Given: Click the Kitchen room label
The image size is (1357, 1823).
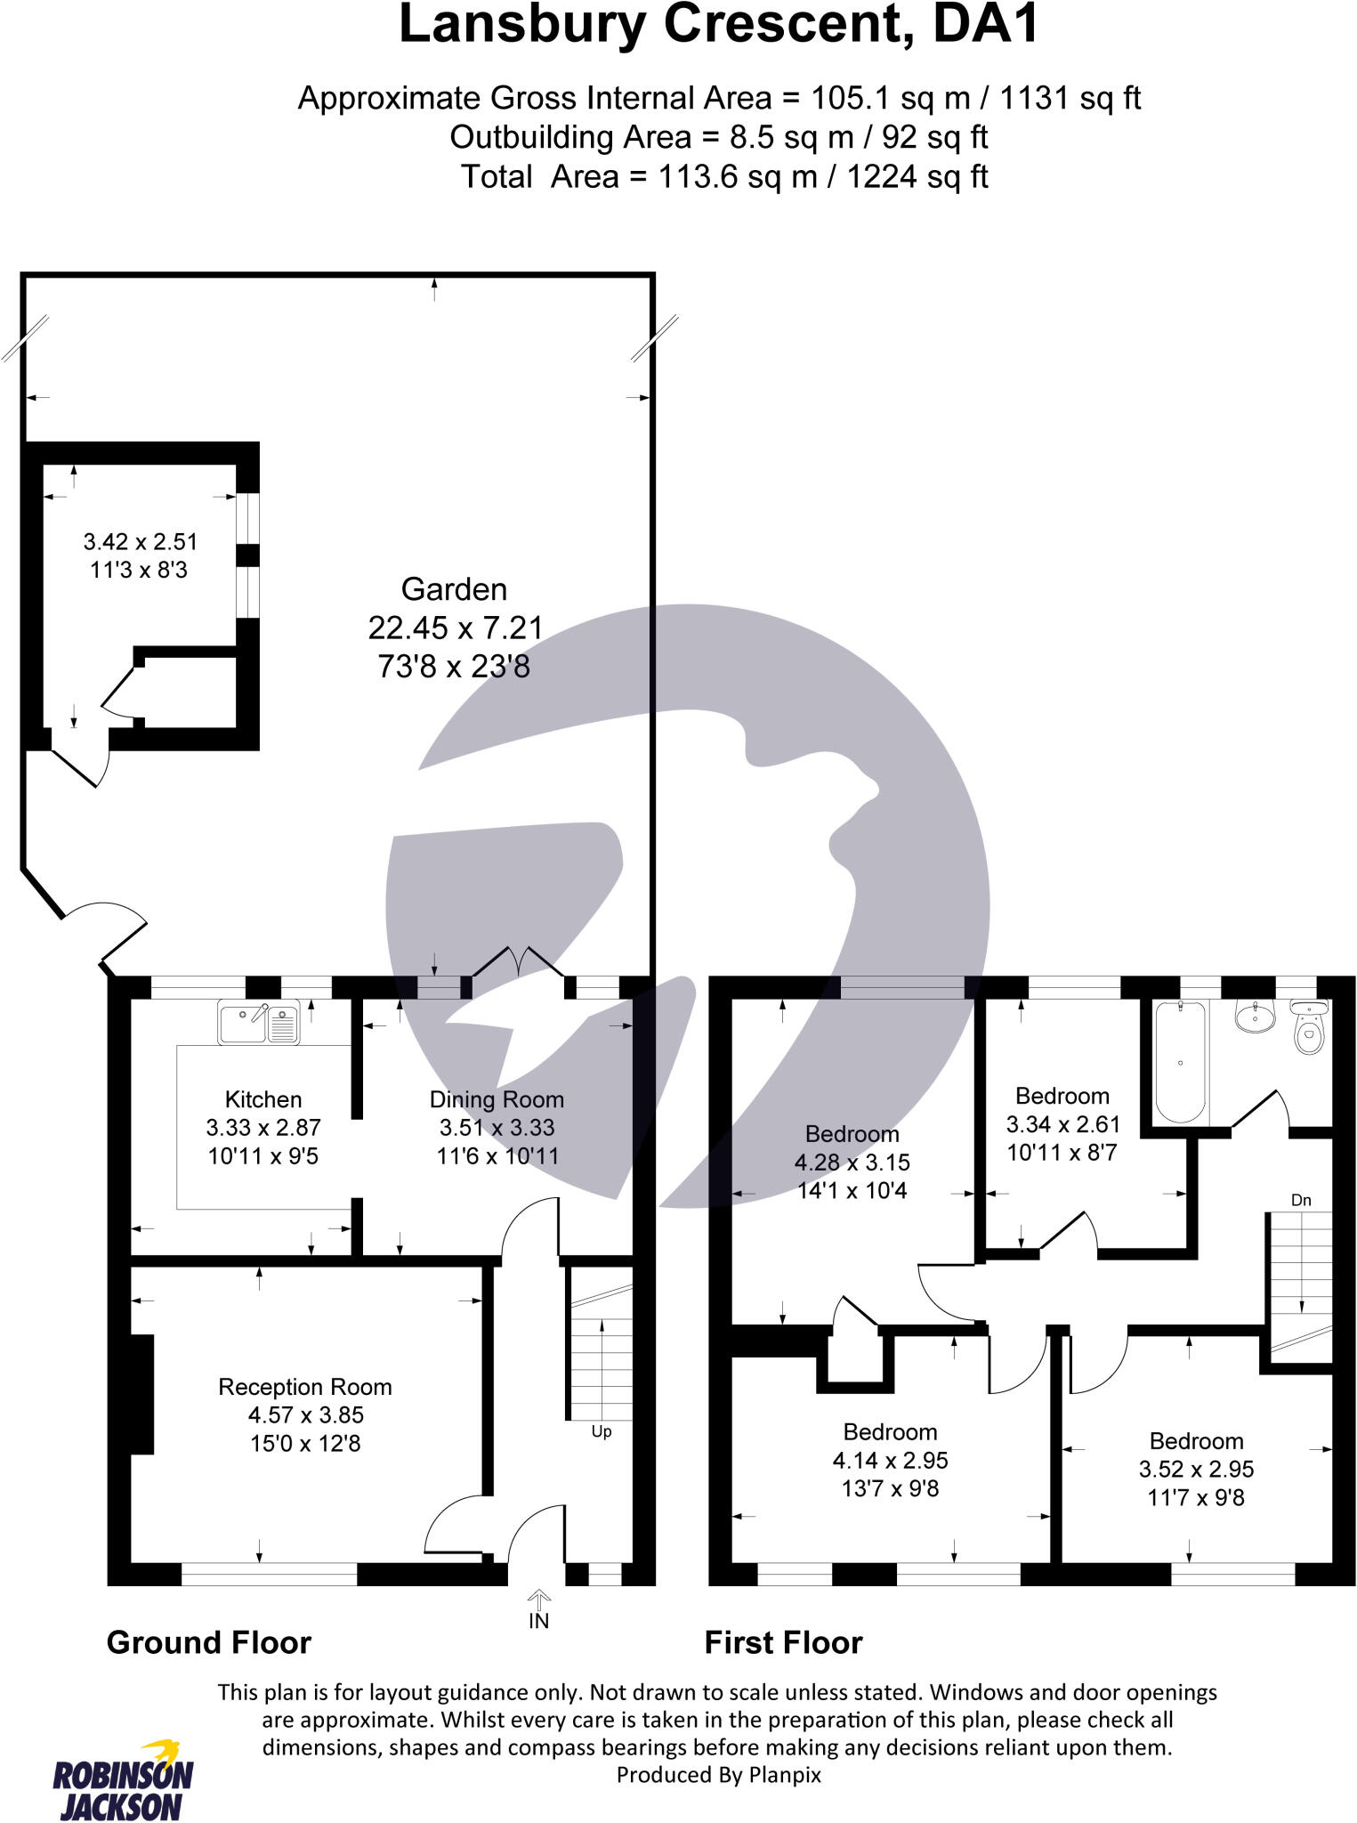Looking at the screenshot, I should [x=263, y=1099].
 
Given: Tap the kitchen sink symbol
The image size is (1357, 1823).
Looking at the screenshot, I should [x=258, y=1023].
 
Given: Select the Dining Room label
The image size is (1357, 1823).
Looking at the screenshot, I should [x=497, y=1099].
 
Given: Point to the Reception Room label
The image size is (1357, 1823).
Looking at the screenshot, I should [x=305, y=1387].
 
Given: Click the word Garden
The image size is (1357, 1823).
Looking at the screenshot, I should [x=454, y=589].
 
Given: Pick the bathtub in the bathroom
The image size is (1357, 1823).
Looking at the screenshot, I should [x=1180, y=1062].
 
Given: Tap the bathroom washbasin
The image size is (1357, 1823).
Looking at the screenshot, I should [x=1255, y=1016].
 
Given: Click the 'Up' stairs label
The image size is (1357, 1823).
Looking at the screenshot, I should [x=602, y=1431].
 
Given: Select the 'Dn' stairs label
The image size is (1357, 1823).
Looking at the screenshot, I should [x=1301, y=1200].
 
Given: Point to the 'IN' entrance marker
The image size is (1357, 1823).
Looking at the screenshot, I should [x=539, y=1621].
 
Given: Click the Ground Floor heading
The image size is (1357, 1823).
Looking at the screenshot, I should [x=209, y=1642].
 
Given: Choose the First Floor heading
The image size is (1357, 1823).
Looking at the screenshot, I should [x=783, y=1642].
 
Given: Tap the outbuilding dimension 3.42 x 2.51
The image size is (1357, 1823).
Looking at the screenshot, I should [x=141, y=542].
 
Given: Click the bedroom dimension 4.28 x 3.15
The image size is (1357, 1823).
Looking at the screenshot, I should [x=852, y=1163].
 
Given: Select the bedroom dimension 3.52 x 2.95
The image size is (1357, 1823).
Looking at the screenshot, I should [x=1196, y=1470].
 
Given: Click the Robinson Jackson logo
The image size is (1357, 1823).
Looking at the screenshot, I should [x=122, y=1779].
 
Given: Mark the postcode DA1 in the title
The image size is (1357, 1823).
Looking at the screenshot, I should [x=986, y=25].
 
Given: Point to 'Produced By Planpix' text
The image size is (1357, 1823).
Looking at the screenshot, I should [x=718, y=1775].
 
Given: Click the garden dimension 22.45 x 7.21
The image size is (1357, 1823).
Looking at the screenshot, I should [x=455, y=628].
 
